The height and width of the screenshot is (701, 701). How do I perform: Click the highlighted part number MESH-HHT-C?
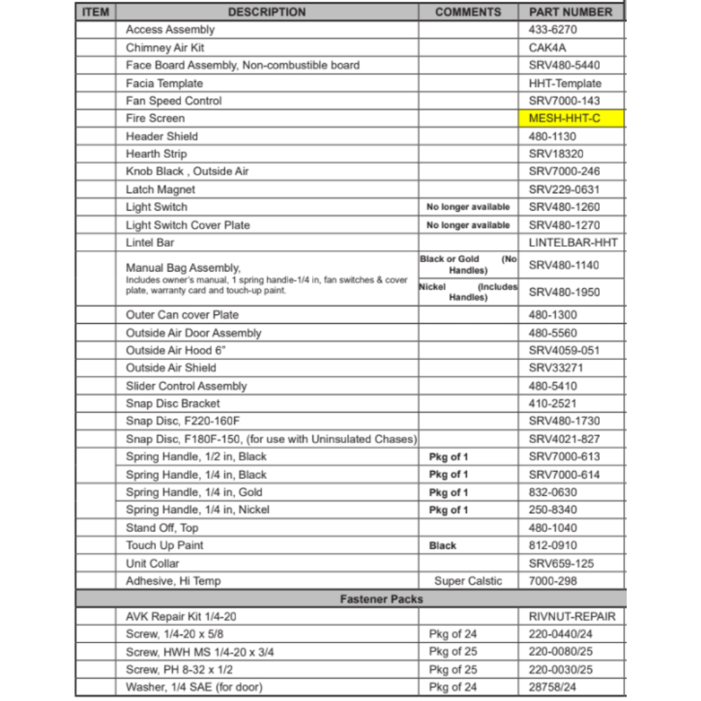(564, 118)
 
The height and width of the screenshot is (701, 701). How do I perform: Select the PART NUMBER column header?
(571, 12)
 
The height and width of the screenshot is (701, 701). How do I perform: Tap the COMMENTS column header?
(468, 12)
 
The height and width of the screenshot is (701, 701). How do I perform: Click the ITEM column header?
(95, 12)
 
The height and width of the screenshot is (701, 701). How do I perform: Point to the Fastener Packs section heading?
(381, 599)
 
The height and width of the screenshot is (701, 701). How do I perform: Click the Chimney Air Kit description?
(165, 48)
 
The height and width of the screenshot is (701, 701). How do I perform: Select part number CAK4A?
(547, 48)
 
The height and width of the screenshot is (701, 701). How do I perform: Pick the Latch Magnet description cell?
(161, 189)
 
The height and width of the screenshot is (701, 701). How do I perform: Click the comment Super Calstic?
(468, 581)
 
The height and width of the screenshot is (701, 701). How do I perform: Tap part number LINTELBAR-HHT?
(573, 243)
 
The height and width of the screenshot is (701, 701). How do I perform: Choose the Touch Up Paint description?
(165, 545)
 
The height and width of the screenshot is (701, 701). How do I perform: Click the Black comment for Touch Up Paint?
(442, 545)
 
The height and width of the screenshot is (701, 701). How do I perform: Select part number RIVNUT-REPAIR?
(572, 617)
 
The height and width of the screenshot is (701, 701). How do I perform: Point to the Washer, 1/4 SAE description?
(194, 688)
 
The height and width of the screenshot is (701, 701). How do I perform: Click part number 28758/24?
(553, 688)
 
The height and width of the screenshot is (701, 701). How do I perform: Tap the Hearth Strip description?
(156, 154)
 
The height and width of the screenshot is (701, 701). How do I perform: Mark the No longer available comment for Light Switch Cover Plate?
(468, 225)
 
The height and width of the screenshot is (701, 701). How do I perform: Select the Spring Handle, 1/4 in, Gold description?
(194, 492)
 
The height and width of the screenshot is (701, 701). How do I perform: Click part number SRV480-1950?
(564, 292)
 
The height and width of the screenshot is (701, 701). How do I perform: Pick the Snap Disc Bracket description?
(172, 404)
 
